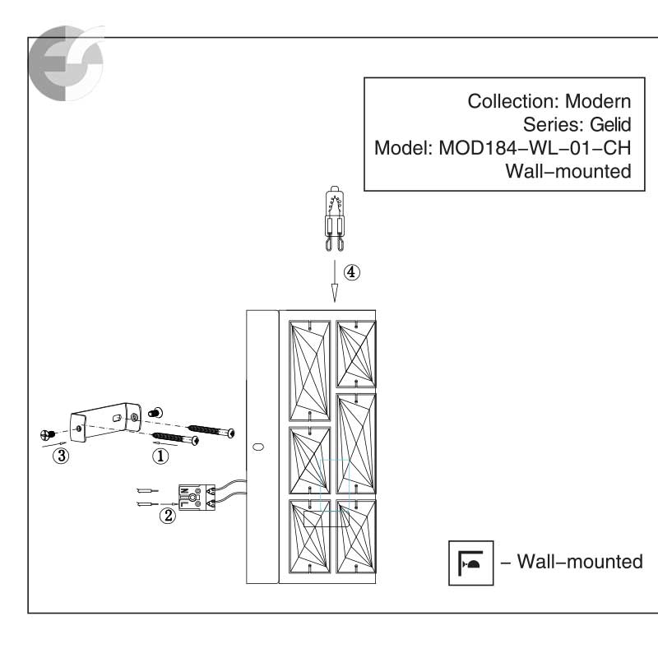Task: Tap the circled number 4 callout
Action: click(x=352, y=272)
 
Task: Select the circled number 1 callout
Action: click(x=162, y=452)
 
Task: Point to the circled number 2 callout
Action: click(x=168, y=517)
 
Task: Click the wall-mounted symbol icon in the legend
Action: click(x=470, y=563)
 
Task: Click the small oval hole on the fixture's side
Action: click(x=258, y=447)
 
